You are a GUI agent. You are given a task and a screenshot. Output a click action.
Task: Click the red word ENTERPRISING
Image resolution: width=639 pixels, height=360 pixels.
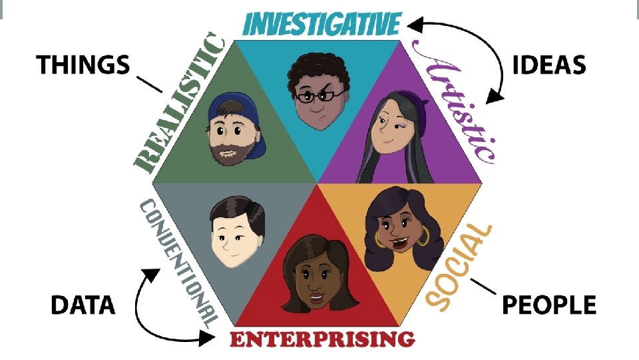pos(322,339)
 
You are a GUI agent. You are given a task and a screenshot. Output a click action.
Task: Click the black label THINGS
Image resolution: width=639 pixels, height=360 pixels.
pos(83,65)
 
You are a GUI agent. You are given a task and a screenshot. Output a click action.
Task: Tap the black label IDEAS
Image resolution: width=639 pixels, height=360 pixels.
pos(550,65)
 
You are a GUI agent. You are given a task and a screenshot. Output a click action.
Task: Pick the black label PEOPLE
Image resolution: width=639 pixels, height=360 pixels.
pos(548,305)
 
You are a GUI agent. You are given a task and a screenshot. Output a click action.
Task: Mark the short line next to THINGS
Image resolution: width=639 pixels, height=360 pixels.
pos(148,83)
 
